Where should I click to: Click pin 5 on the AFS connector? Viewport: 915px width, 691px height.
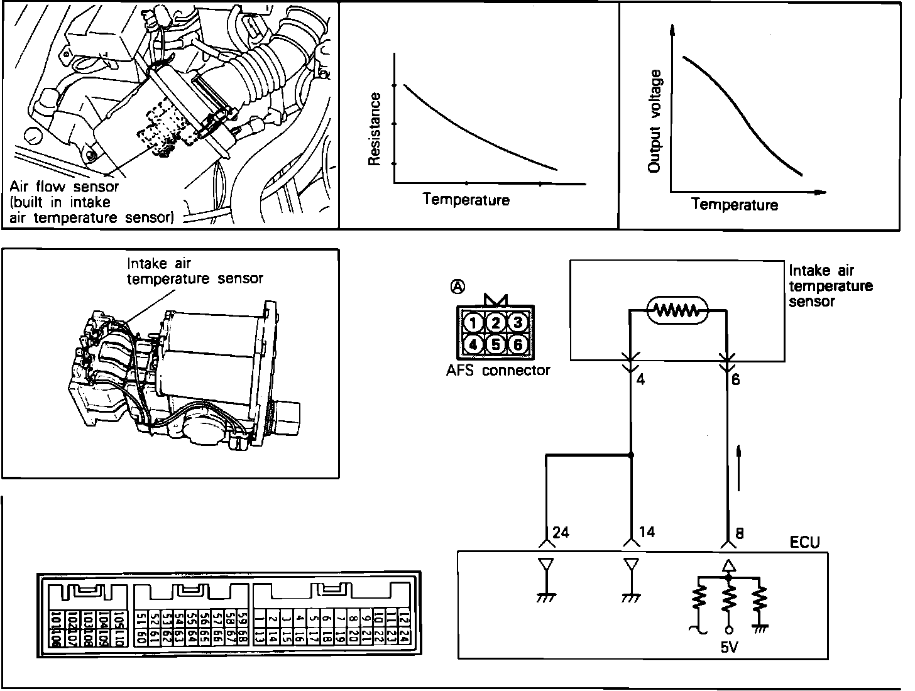(496, 344)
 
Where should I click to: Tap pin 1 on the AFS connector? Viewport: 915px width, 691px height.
(475, 324)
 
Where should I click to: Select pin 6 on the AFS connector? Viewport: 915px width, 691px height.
(518, 344)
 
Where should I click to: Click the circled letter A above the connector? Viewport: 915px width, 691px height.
(458, 286)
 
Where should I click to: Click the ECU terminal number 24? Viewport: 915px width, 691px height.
(560, 533)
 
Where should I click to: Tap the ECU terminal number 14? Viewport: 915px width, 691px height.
(646, 533)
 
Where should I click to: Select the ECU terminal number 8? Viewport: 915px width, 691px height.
(739, 533)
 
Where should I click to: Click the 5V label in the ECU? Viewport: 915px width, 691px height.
(729, 647)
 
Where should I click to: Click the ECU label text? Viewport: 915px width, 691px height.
(805, 542)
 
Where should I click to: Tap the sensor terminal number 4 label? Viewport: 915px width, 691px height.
(641, 380)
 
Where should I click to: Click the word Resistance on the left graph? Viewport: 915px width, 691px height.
(375, 129)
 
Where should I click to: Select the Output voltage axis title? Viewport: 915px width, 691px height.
(655, 121)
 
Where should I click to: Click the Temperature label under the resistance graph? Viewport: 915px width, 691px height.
(466, 200)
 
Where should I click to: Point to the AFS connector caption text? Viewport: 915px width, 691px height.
(498, 370)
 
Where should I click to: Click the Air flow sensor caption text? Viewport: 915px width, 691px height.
(64, 187)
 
